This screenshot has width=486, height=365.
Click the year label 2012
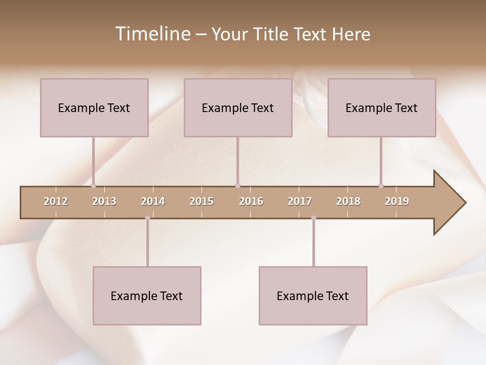(56, 201)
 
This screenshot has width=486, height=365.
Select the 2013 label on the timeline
(104, 201)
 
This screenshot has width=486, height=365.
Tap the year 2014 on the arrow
(153, 201)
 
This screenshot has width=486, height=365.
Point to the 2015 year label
(201, 201)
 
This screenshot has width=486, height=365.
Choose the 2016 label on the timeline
(251, 201)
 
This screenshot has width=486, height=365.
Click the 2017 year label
(300, 201)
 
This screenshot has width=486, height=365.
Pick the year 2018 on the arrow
(348, 201)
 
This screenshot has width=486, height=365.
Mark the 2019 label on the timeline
(397, 201)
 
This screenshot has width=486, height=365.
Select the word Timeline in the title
(152, 34)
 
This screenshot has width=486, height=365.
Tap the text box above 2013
(94, 107)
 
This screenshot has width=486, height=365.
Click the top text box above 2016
(238, 107)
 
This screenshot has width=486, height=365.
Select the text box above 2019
(382, 107)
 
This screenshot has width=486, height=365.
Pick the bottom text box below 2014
(147, 296)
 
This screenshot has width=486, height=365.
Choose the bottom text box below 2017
(313, 296)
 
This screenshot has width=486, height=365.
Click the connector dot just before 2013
(93, 186)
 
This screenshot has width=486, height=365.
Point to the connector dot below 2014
(147, 218)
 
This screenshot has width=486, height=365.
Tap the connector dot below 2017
(313, 218)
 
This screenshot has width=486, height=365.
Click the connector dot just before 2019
(381, 186)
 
